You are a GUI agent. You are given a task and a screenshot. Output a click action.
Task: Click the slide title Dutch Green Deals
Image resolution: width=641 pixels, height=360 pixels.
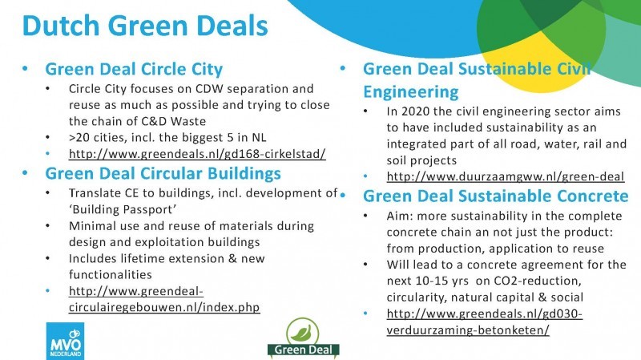pyautogui.click(x=145, y=26)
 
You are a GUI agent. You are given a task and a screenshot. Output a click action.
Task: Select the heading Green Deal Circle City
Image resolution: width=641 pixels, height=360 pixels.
pyautogui.click(x=134, y=69)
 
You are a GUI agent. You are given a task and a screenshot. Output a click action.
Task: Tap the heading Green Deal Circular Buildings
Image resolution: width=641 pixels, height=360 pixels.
pyautogui.click(x=163, y=173)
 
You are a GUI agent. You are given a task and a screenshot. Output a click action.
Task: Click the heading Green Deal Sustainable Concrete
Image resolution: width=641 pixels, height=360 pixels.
pyautogui.click(x=495, y=196)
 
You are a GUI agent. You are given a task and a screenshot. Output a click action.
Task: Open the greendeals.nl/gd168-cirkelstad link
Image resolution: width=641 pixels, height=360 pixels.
pyautogui.click(x=197, y=154)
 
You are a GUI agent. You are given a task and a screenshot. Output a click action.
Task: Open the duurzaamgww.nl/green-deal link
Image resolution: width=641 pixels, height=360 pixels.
pyautogui.click(x=506, y=176)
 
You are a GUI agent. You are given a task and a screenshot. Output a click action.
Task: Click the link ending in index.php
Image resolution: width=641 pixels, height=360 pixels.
pyautogui.click(x=164, y=299)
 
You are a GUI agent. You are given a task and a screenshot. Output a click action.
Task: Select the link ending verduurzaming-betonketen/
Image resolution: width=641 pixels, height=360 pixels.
pyautogui.click(x=485, y=322)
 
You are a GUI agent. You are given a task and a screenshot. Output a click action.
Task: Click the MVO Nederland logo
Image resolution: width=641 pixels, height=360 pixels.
pyautogui.click(x=65, y=341)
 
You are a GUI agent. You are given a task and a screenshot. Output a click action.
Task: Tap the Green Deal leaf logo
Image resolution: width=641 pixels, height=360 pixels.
pyautogui.click(x=304, y=338)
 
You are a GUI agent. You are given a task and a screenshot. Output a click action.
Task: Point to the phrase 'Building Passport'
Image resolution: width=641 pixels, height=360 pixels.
pyautogui.click(x=123, y=209)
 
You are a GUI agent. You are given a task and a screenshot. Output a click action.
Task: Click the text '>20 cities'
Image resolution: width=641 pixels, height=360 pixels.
pyautogui.click(x=96, y=137)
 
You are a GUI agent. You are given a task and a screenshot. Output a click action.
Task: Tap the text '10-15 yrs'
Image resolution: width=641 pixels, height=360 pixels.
pyautogui.click(x=442, y=281)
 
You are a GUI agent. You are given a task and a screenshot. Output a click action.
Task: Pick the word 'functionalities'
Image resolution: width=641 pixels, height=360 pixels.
pyautogui.click(x=111, y=274)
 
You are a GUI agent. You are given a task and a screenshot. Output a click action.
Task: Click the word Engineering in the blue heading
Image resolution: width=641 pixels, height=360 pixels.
pyautogui.click(x=411, y=92)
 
